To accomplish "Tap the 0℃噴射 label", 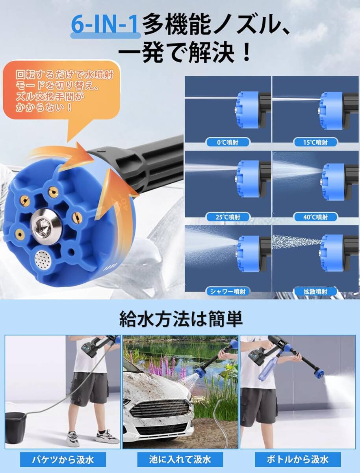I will point(228,142).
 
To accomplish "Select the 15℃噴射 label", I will point(315,142).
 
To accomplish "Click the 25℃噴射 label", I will point(228,216).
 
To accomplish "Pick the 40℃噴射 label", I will point(315,216).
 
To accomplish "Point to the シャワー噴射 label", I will point(228,292).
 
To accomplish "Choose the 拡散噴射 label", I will point(315,292).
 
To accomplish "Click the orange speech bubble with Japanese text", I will point(63,91).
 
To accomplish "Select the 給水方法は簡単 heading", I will point(180,319).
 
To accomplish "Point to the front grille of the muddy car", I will point(160,408).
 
